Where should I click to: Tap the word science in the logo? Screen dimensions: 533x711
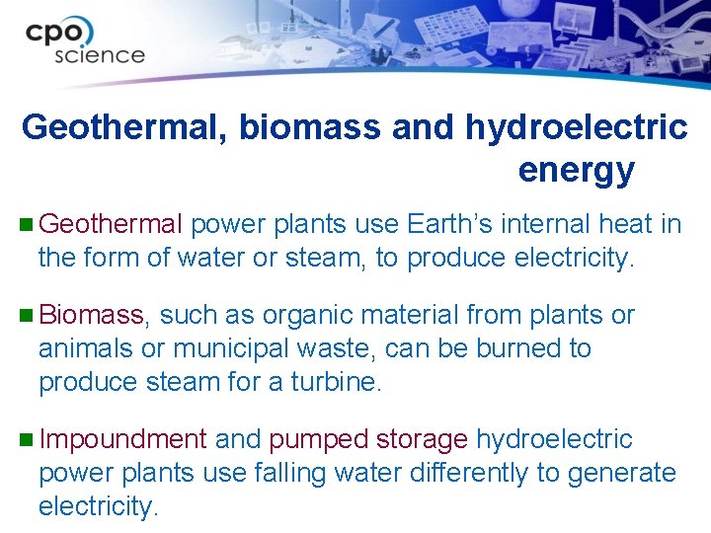(x=99, y=55)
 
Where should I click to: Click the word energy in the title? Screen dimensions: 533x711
(x=576, y=171)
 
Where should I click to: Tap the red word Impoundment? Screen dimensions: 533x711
(x=122, y=440)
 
